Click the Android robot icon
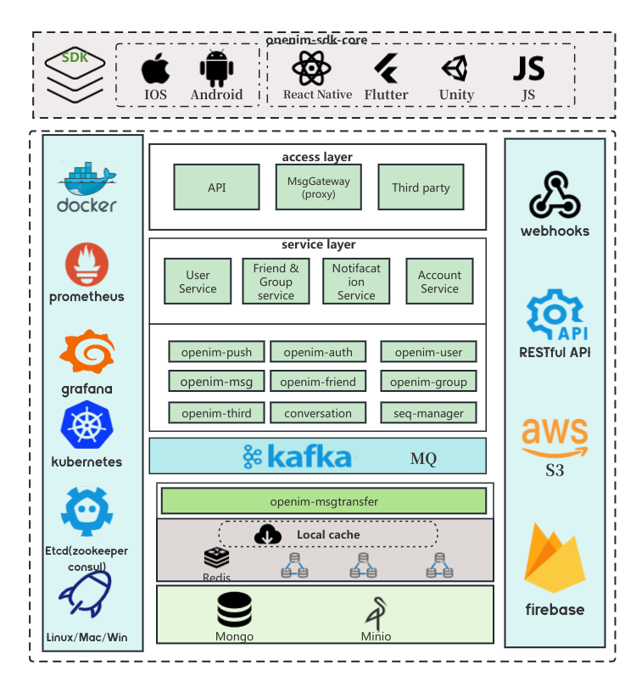(216, 68)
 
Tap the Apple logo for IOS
(155, 68)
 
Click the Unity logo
(455, 68)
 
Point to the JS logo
(529, 68)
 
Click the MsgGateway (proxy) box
(318, 187)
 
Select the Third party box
(421, 187)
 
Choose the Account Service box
(439, 282)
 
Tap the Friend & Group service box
(276, 282)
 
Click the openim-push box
(216, 352)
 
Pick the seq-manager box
(428, 413)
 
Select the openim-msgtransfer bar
(324, 501)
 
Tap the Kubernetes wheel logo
(87, 426)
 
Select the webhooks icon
(555, 195)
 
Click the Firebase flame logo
(555, 559)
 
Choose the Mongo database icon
(234, 610)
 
